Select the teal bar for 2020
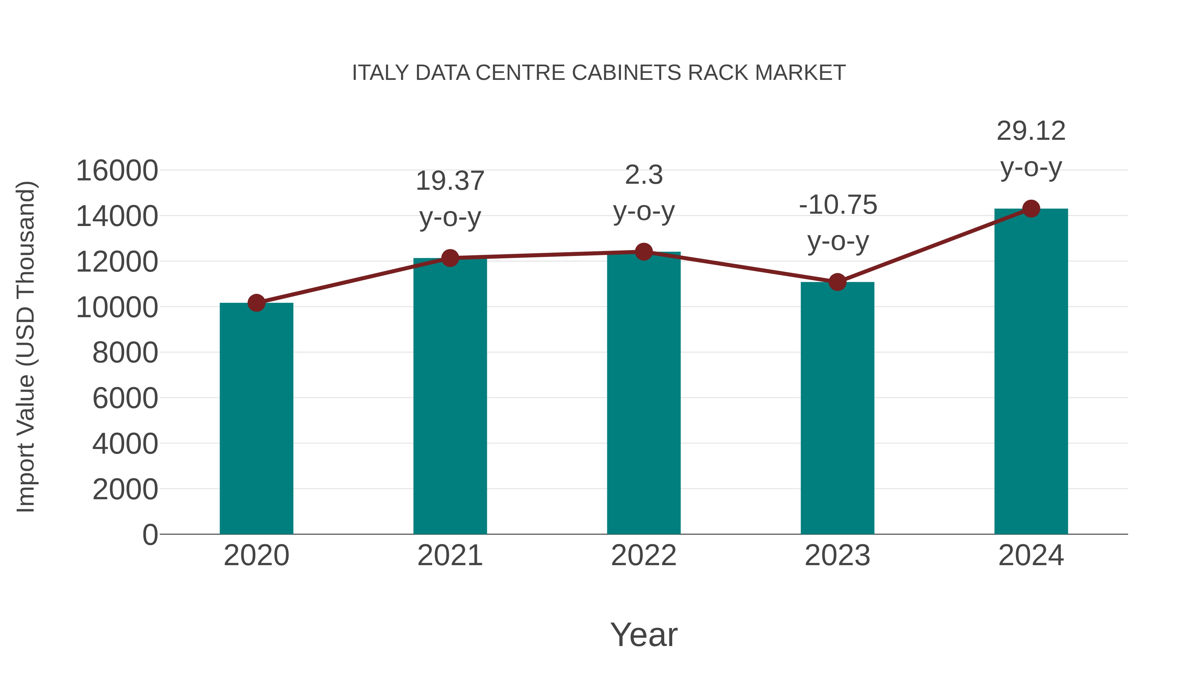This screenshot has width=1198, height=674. pos(256,419)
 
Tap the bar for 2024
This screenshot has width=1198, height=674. pos(1031,372)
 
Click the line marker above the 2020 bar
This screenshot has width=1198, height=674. pos(256,303)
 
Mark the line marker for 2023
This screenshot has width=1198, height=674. pos(837,282)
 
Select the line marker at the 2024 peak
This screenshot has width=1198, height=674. pos(1031,209)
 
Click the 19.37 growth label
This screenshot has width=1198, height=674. pos(450,181)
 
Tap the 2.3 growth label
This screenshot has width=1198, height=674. pos(644,175)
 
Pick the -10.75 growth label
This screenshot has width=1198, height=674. pos(838,205)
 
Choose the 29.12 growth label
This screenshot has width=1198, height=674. pos(1031,131)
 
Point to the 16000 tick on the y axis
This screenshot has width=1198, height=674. pos(117,171)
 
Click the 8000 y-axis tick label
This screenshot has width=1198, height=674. pos(125,352)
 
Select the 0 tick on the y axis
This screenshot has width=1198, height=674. pos(150,535)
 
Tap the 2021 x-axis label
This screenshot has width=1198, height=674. pos(450,556)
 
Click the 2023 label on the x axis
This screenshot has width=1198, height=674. pos(837,556)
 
